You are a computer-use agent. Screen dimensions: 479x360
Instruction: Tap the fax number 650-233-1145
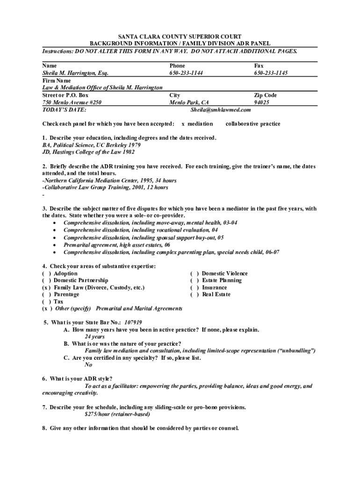click(271, 73)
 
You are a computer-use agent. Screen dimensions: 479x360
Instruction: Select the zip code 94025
click(261, 102)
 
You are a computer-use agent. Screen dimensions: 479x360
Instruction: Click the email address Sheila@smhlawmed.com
click(221, 110)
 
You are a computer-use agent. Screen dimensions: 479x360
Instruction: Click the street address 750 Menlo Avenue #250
click(72, 102)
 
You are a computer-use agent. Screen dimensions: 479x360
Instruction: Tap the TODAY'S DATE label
click(64, 110)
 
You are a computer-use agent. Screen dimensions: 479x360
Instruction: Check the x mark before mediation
click(183, 124)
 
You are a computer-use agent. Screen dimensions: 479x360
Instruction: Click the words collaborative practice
click(253, 124)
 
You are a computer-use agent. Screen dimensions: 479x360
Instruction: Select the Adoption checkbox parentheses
click(46, 274)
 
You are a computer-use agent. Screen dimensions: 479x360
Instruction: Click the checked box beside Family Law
click(46, 288)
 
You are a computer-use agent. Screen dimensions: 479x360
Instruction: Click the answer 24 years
click(94, 337)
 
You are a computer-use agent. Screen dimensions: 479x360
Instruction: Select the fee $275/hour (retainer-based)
click(117, 414)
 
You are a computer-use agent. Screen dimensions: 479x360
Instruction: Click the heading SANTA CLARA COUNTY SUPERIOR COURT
click(180, 36)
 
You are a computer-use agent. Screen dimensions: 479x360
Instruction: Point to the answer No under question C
click(88, 365)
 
